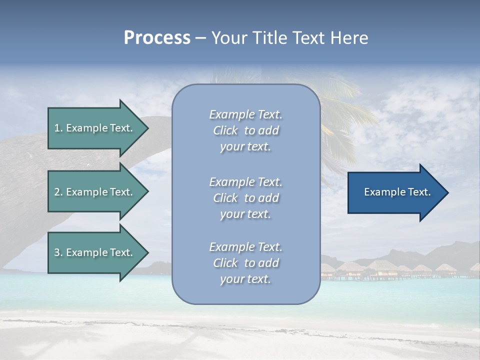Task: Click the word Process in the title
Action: (x=157, y=38)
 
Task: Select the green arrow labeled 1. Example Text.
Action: (x=94, y=128)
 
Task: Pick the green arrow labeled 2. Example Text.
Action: (x=94, y=192)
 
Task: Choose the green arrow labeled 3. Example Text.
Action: (x=94, y=252)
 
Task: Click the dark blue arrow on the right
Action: (x=395, y=192)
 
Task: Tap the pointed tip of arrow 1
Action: (x=147, y=128)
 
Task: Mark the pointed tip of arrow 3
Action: (x=147, y=252)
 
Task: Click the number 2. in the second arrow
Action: (x=58, y=192)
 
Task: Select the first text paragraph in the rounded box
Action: (x=245, y=130)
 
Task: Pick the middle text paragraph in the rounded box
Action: (x=245, y=198)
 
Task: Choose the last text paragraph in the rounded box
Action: (x=245, y=263)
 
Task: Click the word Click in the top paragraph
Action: (x=225, y=130)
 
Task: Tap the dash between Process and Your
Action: (x=200, y=38)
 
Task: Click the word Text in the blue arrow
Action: (x=419, y=192)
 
